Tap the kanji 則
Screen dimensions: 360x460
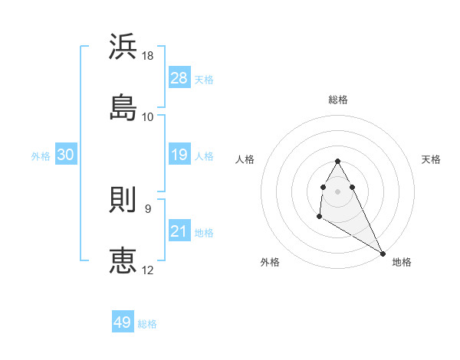123,201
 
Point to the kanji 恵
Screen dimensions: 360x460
123,260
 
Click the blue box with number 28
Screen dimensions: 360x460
179,78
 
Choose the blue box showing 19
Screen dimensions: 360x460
179,155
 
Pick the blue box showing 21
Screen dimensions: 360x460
179,231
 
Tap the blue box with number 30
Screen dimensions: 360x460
66,155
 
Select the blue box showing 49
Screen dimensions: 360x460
123,322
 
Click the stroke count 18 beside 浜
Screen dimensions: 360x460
149,56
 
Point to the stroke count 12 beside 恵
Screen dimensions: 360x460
149,270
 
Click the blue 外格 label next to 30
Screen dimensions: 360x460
41,156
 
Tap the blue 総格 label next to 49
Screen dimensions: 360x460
147,323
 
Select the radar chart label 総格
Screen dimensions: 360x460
338,100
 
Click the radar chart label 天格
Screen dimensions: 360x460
431,159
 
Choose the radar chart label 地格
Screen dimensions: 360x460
402,262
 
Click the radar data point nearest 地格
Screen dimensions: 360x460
383,253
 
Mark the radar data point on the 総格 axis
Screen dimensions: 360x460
338,161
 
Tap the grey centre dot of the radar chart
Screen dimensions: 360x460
338,190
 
